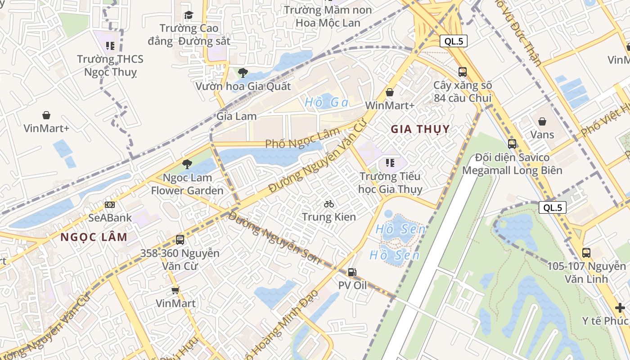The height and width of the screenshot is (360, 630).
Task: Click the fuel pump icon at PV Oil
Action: pos(352,272)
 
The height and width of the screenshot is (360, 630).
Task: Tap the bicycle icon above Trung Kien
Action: pos(329,204)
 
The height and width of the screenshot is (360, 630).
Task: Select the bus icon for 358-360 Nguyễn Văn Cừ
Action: pos(180,240)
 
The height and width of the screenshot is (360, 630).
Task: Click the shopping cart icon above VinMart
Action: pos(175,290)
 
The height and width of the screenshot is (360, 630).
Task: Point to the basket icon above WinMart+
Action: pos(390,92)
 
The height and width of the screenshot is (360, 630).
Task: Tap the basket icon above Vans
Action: pos(542,121)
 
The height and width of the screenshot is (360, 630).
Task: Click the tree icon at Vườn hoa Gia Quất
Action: pos(243,72)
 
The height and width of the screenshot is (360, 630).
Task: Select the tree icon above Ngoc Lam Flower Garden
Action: pos(187,164)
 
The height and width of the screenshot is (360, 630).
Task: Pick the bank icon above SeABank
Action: pos(110,205)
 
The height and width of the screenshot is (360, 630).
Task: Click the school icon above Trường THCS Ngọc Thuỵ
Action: pos(110,46)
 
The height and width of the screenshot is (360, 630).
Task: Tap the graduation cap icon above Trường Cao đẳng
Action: pos(189,15)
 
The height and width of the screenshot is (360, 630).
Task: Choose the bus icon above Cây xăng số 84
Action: pos(463,72)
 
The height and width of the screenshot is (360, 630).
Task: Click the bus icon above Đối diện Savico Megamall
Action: pos(512,144)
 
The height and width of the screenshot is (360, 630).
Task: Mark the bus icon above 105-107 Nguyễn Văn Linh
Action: pos(586,253)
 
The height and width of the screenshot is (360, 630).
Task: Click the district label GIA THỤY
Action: pos(420,129)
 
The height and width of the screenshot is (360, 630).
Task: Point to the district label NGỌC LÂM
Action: pos(94,237)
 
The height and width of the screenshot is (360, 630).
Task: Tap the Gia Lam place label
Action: pos(237,116)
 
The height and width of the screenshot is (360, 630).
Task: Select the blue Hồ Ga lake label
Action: pos(327,103)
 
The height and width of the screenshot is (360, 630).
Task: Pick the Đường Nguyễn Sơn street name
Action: pos(274,237)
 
